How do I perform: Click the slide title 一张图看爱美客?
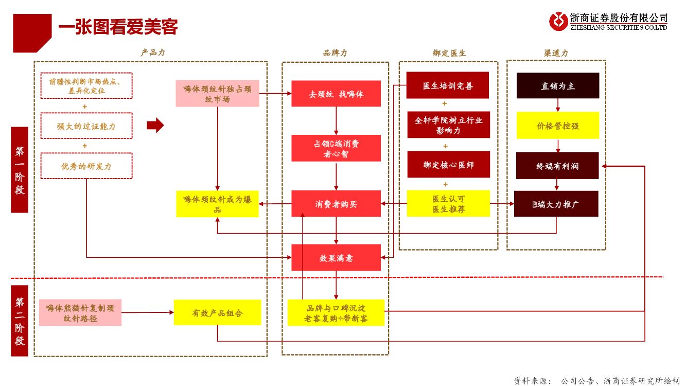pyautogui.click(x=118, y=27)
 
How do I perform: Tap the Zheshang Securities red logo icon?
pyautogui.click(x=558, y=22)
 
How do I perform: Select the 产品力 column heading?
pyautogui.click(x=152, y=52)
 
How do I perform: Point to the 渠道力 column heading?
pyautogui.click(x=556, y=54)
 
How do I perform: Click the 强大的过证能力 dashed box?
pyautogui.click(x=86, y=126)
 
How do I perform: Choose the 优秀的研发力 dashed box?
pyautogui.click(x=86, y=166)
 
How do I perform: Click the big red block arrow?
pyautogui.click(x=155, y=125)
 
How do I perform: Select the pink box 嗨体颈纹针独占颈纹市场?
pyautogui.click(x=218, y=94)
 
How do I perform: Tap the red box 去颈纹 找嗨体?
pyautogui.click(x=336, y=94)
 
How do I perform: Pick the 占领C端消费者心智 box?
pyautogui.click(x=336, y=148)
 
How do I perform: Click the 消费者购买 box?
pyautogui.click(x=336, y=204)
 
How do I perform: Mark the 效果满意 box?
pyautogui.click(x=336, y=257)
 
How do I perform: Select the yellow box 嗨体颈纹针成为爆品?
pyautogui.click(x=218, y=204)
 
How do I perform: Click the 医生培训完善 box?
pyautogui.click(x=447, y=85)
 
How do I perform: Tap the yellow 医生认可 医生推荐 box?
pyautogui.click(x=448, y=203)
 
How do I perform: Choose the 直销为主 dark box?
pyautogui.click(x=558, y=85)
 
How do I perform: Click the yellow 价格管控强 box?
pyautogui.click(x=558, y=125)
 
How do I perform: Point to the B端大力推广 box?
pyautogui.click(x=556, y=204)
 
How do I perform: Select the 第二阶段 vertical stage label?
pyautogui.click(x=20, y=321)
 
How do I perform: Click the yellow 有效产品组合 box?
pyautogui.click(x=218, y=312)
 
